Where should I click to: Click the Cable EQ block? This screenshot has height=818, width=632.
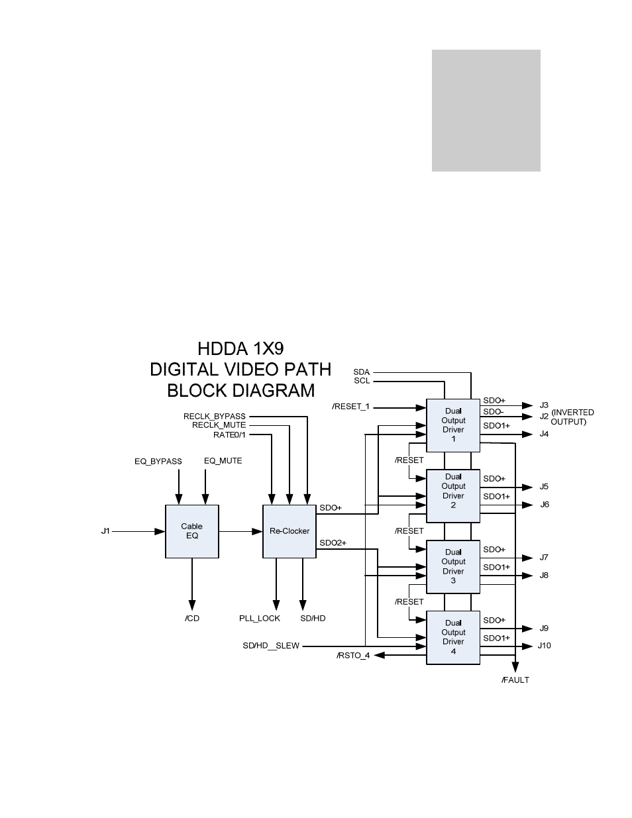(x=191, y=531)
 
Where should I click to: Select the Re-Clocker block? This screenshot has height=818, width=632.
(x=290, y=531)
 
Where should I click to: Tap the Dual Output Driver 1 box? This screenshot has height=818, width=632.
(x=453, y=425)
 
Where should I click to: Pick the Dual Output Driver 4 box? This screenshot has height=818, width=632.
(x=453, y=637)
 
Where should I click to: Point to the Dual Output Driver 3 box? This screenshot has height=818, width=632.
(x=453, y=566)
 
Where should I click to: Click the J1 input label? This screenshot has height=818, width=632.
(x=105, y=531)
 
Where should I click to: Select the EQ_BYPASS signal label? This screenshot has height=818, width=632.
(x=158, y=461)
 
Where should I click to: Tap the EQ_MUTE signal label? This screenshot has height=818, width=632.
(x=223, y=460)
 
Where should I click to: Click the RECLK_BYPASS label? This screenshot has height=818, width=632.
(x=214, y=416)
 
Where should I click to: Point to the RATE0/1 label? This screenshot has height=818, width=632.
(x=229, y=435)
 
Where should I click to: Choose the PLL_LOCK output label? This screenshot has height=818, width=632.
(x=260, y=618)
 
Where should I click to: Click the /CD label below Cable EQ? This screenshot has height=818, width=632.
(x=192, y=618)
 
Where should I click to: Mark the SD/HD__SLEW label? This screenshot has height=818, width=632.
(x=271, y=646)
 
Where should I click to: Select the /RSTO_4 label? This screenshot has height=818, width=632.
(x=353, y=655)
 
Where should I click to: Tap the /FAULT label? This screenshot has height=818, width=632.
(x=515, y=680)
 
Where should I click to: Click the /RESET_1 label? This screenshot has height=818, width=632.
(x=350, y=406)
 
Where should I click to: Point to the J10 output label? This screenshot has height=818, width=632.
(x=544, y=646)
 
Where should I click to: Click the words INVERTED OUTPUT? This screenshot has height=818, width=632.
(x=572, y=417)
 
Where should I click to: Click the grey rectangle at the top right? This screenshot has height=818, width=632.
(x=486, y=111)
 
